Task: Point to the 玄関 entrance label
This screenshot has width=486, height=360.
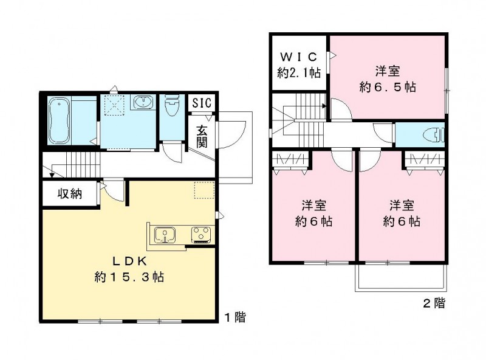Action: coord(202,135)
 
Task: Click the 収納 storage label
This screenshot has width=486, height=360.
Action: coord(70,195)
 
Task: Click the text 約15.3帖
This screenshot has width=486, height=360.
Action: coord(129,277)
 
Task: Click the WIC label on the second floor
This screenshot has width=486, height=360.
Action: coord(299,57)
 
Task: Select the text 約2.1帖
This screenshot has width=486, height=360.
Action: coord(299,73)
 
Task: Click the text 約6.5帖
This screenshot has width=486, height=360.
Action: coord(387,87)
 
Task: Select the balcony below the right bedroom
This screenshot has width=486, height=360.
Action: coord(402,280)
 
